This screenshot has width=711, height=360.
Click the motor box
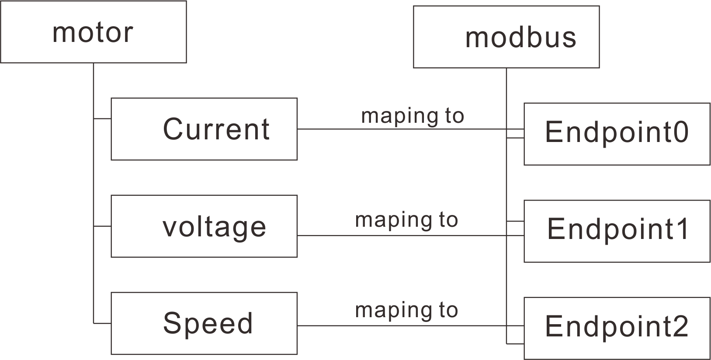click(x=93, y=32)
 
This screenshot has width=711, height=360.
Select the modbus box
click(x=506, y=37)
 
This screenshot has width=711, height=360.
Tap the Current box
click(x=204, y=129)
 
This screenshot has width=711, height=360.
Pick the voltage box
click(x=204, y=226)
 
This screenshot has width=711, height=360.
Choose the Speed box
click(x=204, y=323)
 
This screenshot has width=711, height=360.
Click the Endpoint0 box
click(x=617, y=134)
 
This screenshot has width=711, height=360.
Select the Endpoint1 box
click(x=617, y=231)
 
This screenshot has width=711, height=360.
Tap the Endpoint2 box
click(x=617, y=328)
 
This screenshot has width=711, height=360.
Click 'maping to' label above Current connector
click(x=413, y=116)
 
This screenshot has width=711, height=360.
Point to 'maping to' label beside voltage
click(x=406, y=220)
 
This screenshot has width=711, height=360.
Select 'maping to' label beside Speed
click(x=406, y=310)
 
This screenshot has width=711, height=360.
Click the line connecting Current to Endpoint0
click(x=393, y=129)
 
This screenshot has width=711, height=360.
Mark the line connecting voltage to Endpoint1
click(x=393, y=235)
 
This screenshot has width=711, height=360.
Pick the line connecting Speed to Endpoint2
click(x=393, y=325)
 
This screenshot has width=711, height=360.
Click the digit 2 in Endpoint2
click(x=680, y=326)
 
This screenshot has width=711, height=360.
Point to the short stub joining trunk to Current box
click(x=102, y=118)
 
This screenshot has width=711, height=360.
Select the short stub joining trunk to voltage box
click(x=102, y=226)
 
